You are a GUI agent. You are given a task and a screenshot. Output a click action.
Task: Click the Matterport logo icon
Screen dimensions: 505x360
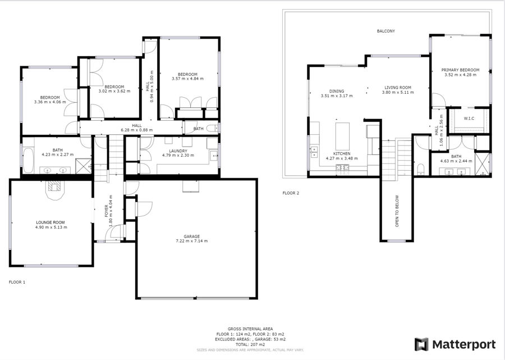[x=421, y=344]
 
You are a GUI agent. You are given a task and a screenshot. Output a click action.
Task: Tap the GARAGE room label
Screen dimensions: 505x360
[x=192, y=236]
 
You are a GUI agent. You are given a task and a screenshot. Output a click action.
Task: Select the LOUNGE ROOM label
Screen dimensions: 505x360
[x=50, y=222]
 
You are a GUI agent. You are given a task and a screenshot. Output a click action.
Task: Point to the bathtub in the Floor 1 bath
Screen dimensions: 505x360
[x=29, y=160]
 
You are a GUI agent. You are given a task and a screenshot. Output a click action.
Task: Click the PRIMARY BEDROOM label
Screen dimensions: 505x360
[x=460, y=70]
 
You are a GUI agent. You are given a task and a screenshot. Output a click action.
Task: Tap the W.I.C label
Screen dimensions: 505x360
[x=469, y=119]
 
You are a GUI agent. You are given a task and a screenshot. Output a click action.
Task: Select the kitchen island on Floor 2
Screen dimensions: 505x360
[x=342, y=136]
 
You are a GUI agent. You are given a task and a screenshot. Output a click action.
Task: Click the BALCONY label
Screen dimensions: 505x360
[x=386, y=31]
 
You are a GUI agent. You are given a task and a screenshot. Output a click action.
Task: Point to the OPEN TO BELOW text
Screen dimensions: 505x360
[x=397, y=211]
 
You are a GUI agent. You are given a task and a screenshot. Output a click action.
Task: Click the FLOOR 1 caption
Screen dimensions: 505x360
[x=17, y=282]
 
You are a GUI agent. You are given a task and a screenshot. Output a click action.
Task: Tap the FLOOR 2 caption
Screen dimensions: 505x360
[x=291, y=193]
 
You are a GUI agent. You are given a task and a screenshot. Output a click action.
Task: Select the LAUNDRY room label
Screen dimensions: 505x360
[x=178, y=151]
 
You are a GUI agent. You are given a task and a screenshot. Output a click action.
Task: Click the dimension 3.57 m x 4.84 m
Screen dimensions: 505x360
[x=187, y=79]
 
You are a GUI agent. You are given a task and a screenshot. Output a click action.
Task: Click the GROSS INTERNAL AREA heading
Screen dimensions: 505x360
[x=250, y=329]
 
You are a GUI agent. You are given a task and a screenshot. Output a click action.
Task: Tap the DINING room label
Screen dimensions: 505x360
[x=337, y=91]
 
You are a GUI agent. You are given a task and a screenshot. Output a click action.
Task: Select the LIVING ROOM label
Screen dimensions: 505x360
[x=398, y=88]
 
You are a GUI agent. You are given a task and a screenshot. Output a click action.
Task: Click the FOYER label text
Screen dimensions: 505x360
[x=107, y=211]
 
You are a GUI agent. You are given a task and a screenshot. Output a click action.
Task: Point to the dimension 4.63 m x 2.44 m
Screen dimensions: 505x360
[x=456, y=161]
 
